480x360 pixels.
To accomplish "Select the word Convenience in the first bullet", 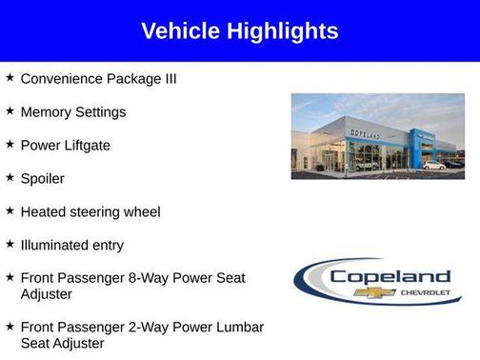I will point(64,78).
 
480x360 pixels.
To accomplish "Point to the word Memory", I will point(48,111).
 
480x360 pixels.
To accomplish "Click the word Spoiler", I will point(43,178).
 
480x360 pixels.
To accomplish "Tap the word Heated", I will point(45,211).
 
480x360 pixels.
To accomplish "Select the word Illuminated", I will point(58,245).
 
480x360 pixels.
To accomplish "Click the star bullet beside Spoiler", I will point(10,177).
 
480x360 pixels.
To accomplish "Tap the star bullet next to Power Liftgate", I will point(10,144).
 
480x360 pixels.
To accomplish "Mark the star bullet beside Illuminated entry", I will point(10,244).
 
